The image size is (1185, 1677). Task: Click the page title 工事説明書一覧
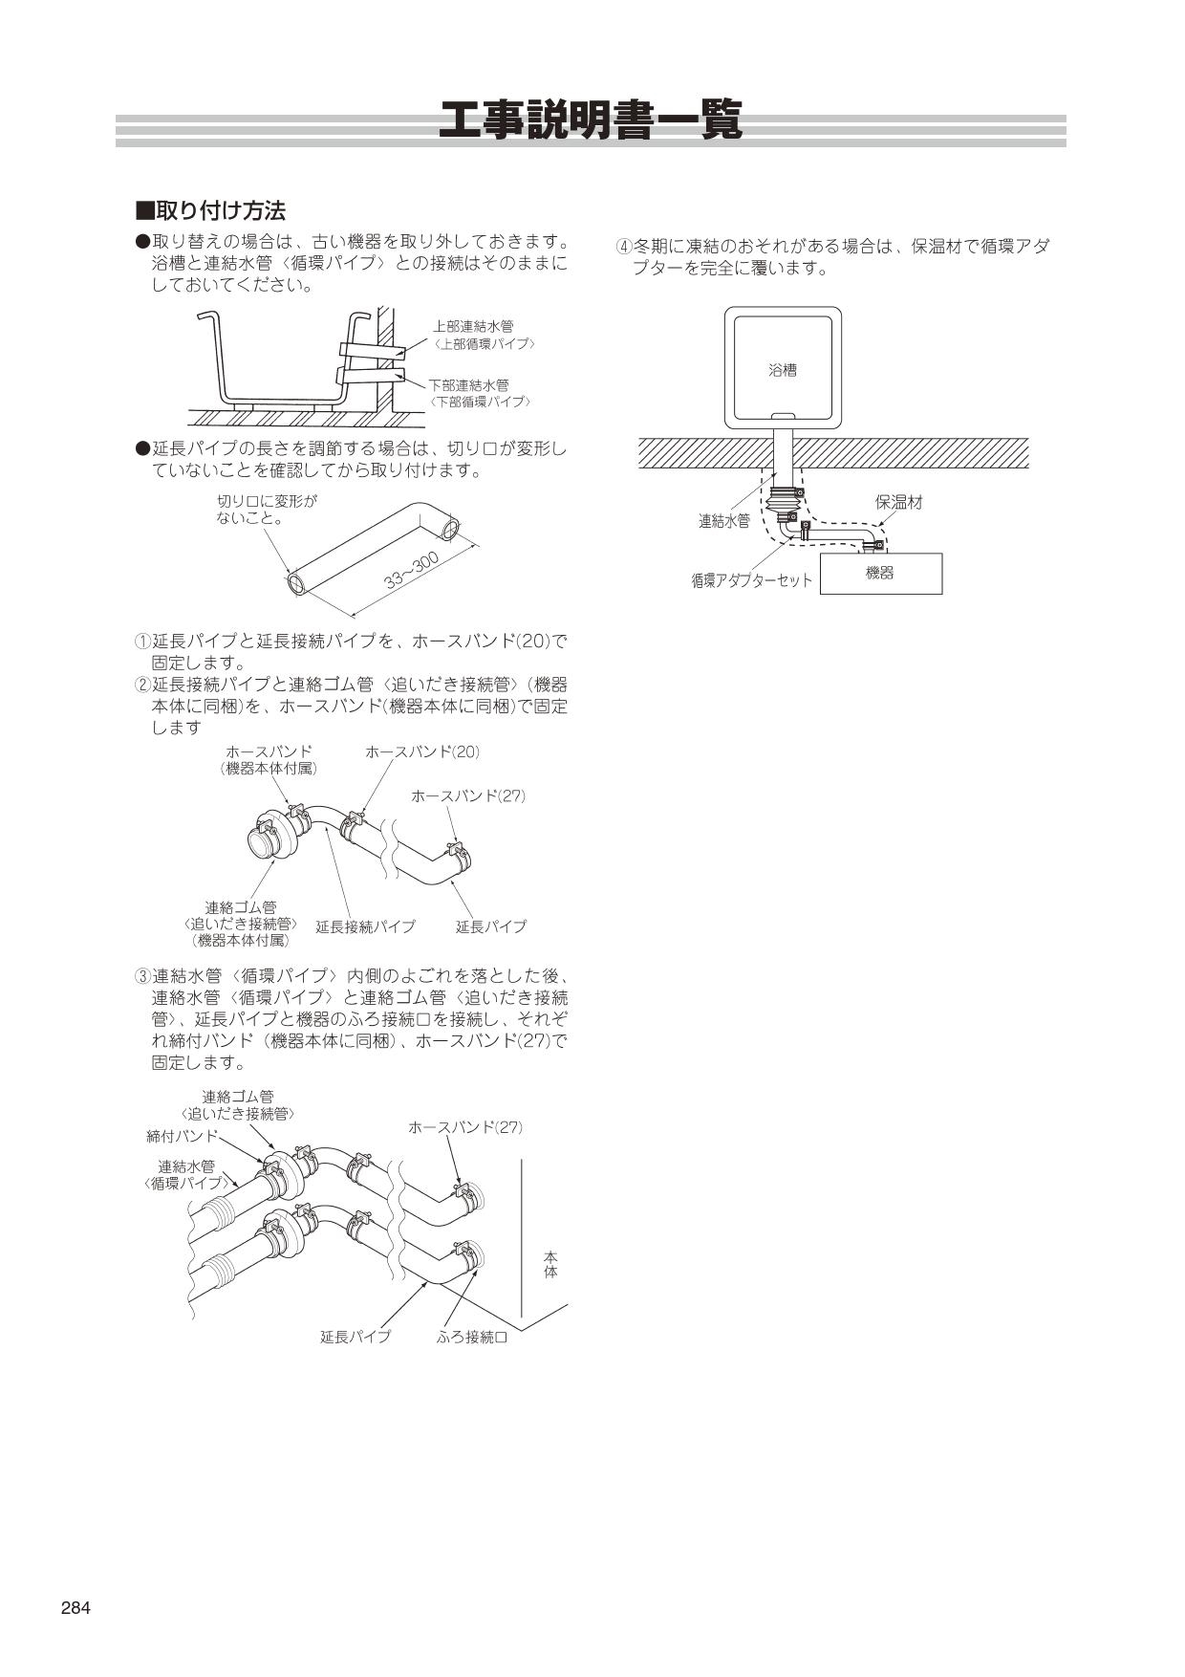591,122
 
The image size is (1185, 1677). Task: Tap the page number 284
75,1608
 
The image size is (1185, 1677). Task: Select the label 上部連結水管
473,327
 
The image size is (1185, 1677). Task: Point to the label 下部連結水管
468,385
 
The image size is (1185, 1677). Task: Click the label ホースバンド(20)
421,752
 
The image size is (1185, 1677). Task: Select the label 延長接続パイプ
365,926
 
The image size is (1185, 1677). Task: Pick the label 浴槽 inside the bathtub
783,370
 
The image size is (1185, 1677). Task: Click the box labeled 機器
880,574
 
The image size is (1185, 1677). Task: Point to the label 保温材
899,502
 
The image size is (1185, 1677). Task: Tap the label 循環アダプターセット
751,580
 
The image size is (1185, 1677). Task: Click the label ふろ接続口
472,1337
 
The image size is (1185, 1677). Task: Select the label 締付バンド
182,1136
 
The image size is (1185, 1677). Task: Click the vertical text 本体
550,1265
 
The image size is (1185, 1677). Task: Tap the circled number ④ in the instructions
623,247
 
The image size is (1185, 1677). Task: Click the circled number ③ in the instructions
141,976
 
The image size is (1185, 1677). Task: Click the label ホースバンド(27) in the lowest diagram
465,1127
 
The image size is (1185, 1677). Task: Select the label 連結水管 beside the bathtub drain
723,521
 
